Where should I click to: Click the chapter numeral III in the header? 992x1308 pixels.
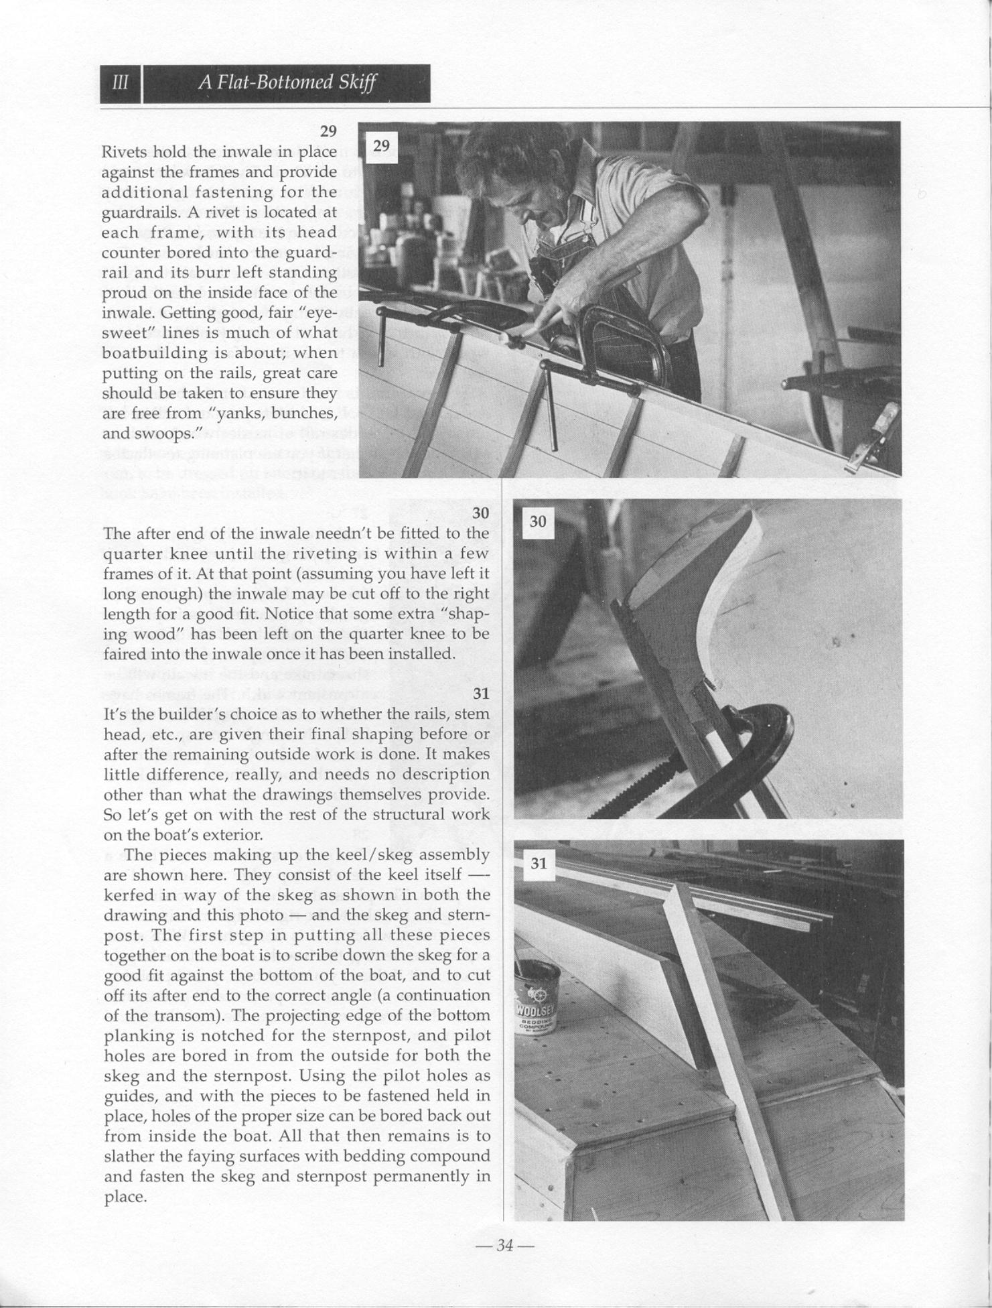pos(121,83)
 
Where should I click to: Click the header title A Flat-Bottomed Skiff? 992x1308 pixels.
pos(287,83)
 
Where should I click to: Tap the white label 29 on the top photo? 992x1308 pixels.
pos(380,146)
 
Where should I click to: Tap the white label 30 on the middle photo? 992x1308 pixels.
pos(537,521)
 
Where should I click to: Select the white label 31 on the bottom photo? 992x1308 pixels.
pos(539,863)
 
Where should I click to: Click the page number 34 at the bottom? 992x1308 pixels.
pos(504,1245)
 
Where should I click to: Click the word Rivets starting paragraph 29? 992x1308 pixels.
pos(124,152)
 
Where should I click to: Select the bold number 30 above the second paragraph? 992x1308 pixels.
pos(481,513)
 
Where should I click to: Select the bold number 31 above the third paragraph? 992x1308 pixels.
pos(481,694)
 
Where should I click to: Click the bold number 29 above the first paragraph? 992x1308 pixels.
pos(328,131)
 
